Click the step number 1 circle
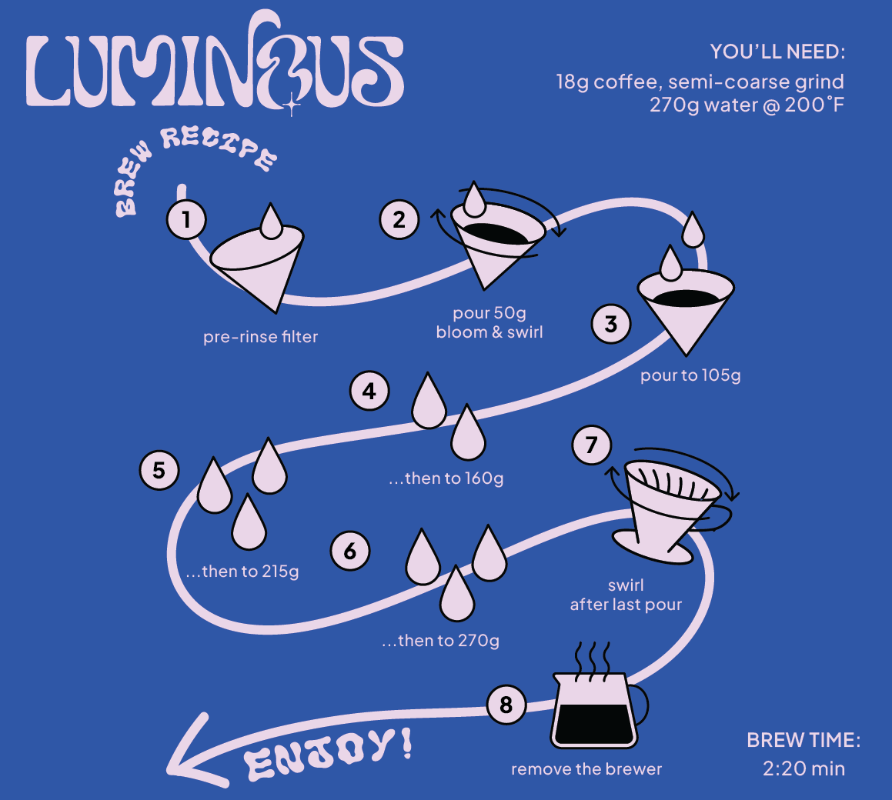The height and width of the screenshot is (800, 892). [186, 220]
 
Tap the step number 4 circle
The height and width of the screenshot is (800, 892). [369, 391]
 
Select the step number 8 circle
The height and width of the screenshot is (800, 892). [506, 705]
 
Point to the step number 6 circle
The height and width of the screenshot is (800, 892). [350, 551]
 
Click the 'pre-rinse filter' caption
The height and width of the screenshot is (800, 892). [260, 337]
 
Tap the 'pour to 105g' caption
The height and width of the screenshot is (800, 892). [690, 375]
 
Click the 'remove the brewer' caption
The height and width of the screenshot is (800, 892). [586, 768]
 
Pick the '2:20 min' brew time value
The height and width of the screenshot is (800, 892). [803, 768]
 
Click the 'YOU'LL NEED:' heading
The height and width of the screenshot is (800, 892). [777, 52]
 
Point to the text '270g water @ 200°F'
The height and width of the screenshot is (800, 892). [747, 105]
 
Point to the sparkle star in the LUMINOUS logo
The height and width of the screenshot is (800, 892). [291, 105]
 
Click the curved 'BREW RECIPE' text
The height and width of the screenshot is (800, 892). [192, 165]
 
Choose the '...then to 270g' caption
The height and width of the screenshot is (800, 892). [440, 640]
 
